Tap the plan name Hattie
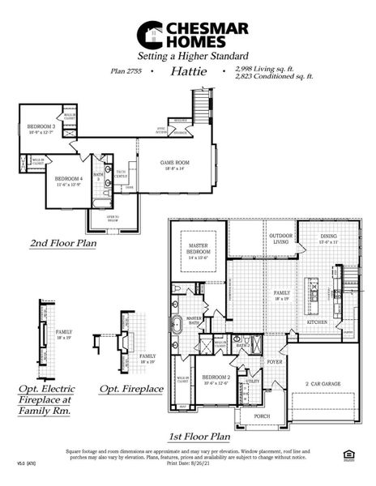189,71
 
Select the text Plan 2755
128,71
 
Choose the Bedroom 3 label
41,129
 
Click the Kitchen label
317,322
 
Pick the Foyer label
275,361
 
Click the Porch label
263,416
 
